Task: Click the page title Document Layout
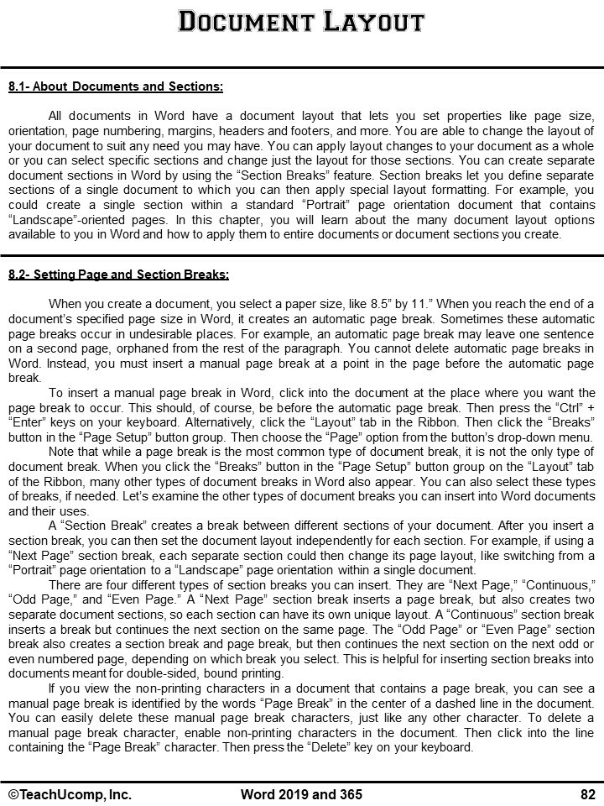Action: point(301,21)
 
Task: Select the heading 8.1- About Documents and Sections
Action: point(116,86)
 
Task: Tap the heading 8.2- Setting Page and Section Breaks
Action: point(118,275)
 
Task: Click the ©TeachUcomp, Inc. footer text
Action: point(70,794)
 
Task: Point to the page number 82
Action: point(587,794)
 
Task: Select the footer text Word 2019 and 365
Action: point(301,794)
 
